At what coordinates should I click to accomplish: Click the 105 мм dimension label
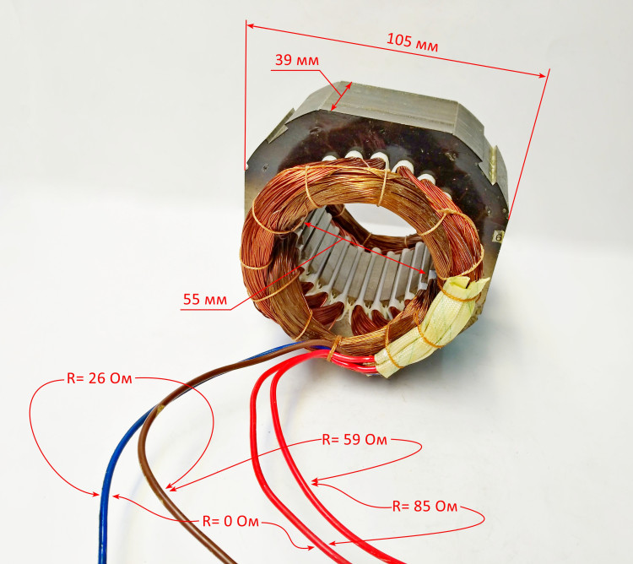412,41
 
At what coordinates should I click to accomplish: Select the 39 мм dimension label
296,60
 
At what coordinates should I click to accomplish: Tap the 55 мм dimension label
204,299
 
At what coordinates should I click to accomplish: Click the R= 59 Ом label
355,440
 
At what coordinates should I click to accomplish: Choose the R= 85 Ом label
425,507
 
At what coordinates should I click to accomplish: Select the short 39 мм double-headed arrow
341,95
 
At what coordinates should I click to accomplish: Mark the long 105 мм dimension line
397,50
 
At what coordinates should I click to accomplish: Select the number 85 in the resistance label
424,507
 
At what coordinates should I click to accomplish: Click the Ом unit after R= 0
247,521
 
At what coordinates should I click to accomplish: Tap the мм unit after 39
308,60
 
